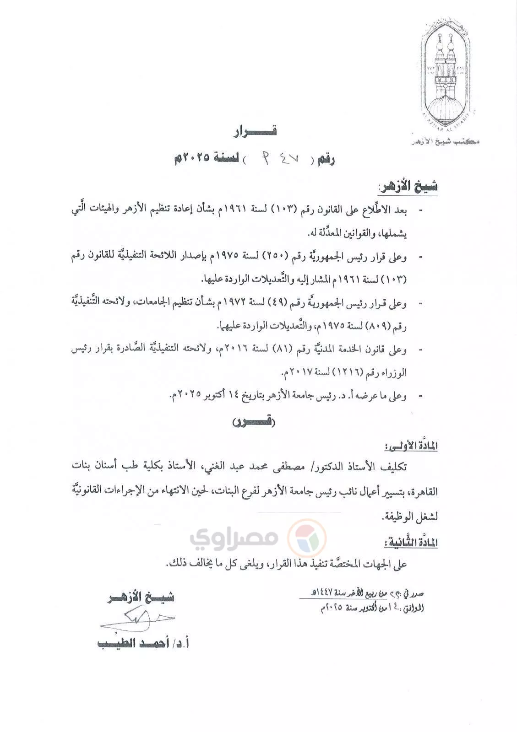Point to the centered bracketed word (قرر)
pos(254,422)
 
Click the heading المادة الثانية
pos(410,543)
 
